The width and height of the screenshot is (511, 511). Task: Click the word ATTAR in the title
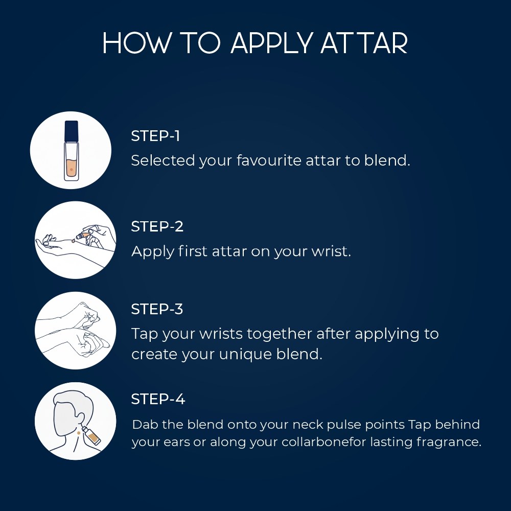(x=364, y=43)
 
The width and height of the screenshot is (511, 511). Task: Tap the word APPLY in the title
(x=272, y=43)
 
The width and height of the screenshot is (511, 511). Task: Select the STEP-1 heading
(x=155, y=136)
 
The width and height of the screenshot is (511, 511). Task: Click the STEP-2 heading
(x=157, y=226)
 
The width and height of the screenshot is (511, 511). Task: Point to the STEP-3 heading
(x=157, y=309)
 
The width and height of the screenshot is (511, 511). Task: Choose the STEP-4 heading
(x=158, y=399)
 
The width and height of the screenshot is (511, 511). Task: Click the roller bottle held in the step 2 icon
(x=83, y=235)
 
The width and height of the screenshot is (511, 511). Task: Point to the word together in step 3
(x=280, y=334)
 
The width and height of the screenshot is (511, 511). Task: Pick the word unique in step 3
(x=245, y=355)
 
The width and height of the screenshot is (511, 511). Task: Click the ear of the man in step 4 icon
(x=80, y=420)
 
